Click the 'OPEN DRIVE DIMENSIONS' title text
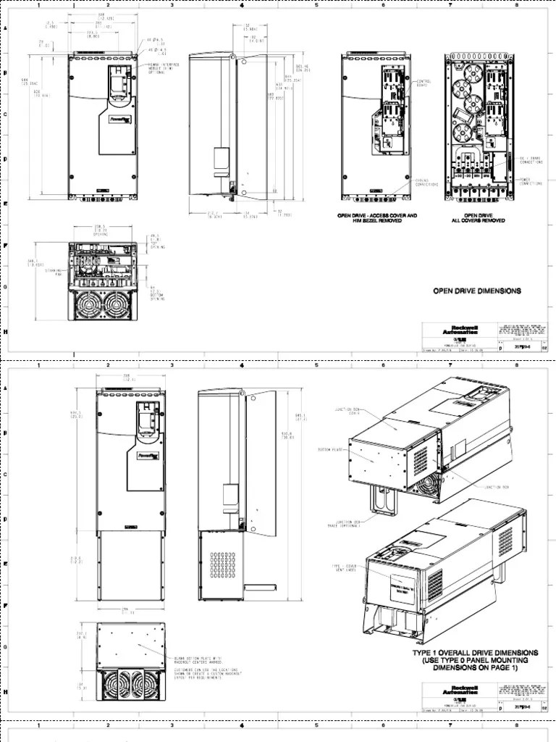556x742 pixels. [x=476, y=291]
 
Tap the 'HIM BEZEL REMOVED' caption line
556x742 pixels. [x=376, y=221]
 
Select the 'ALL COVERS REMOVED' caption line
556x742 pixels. [x=479, y=221]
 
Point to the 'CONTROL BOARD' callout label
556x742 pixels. [x=421, y=84]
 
